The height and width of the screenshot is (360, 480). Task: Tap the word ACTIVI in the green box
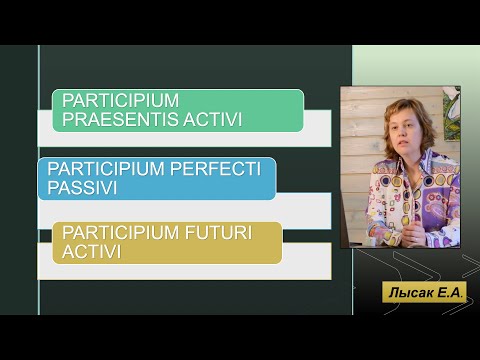click(x=212, y=119)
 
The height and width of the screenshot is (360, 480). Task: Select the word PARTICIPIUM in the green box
click(x=120, y=100)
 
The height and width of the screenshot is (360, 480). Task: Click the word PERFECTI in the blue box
click(x=215, y=168)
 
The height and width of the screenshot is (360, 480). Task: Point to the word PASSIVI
click(x=82, y=187)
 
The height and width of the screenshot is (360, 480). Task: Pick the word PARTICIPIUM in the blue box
click(x=106, y=168)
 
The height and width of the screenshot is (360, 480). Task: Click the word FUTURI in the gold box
click(x=218, y=232)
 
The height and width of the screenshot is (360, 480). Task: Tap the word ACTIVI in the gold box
click(x=91, y=251)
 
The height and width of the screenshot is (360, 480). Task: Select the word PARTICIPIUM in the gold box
click(x=120, y=232)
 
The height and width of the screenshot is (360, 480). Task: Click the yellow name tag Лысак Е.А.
click(x=424, y=292)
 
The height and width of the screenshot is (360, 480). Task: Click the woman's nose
click(x=402, y=134)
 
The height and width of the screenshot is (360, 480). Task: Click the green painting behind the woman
click(x=452, y=113)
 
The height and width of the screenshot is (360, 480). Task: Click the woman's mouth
click(x=403, y=144)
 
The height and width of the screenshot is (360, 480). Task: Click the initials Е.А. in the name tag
click(x=450, y=293)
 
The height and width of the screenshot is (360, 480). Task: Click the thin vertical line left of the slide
click(x=39, y=180)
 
